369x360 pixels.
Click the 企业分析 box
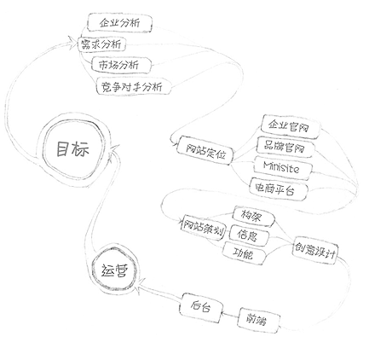[x=119, y=22]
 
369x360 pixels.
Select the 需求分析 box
[x=101, y=44]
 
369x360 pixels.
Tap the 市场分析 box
[x=121, y=65]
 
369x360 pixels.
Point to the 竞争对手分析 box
[x=134, y=86]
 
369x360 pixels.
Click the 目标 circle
[x=72, y=148]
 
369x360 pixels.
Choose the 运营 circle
[x=115, y=270]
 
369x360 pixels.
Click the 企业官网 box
[x=291, y=127]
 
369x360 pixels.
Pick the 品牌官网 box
[x=285, y=147]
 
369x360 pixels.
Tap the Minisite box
[x=282, y=168]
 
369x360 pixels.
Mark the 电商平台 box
[x=278, y=189]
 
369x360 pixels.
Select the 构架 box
[x=254, y=216]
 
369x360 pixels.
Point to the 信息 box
[x=249, y=235]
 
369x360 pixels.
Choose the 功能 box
[x=244, y=253]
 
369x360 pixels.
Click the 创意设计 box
[x=315, y=250]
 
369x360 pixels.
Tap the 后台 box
[x=200, y=308]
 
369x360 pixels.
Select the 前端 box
[x=258, y=320]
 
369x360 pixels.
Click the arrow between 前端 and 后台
[x=229, y=315]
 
